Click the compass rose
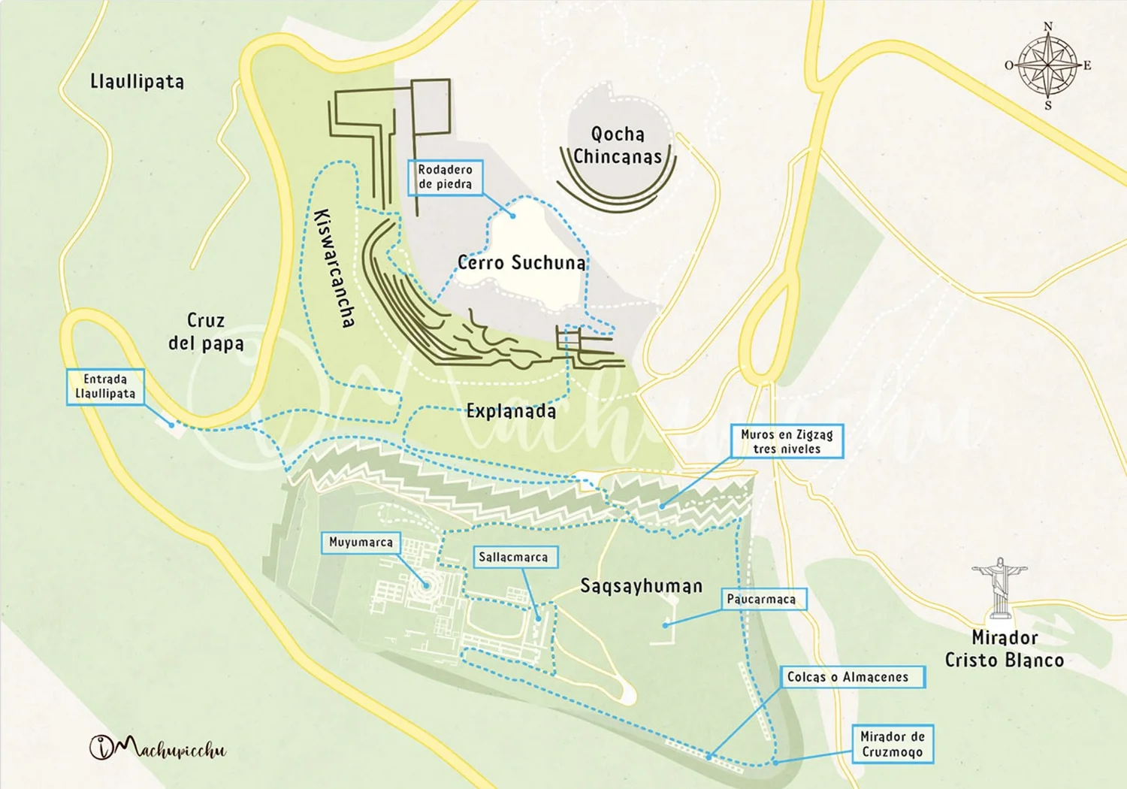(1047, 66)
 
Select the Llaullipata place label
(137, 81)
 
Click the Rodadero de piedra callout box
(445, 177)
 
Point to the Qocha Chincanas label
(618, 145)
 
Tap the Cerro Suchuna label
(521, 262)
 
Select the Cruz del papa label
(206, 331)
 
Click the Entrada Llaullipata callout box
(105, 386)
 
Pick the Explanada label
(511, 411)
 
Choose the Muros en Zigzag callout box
(787, 441)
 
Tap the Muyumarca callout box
(361, 543)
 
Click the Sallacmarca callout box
(513, 557)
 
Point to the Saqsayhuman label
(641, 586)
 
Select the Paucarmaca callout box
(761, 599)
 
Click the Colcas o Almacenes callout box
(848, 677)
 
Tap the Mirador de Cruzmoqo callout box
(892, 744)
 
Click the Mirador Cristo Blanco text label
(1004, 648)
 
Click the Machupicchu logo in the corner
(158, 748)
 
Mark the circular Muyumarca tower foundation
(426, 585)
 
